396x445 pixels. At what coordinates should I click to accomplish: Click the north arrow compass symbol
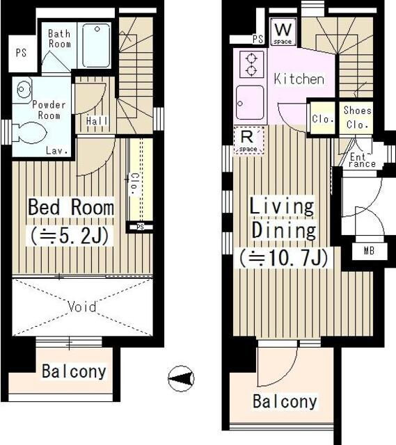181,378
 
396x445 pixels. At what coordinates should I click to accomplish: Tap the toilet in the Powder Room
29,133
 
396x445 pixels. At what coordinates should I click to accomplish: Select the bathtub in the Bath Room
96,45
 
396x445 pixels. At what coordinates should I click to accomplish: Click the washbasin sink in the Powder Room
22,90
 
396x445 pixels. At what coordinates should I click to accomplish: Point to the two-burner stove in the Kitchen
251,64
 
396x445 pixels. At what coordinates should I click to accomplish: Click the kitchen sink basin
249,102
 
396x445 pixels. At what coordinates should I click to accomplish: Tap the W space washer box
283,31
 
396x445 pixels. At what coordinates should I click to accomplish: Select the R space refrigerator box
248,140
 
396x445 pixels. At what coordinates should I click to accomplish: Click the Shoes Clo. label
357,118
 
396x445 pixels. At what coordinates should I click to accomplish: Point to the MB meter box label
369,250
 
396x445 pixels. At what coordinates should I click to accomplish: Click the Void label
82,307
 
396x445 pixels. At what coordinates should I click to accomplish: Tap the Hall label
97,121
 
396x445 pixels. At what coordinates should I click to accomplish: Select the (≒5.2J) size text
70,236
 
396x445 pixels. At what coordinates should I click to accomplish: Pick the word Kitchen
299,79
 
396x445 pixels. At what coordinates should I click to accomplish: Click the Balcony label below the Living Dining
285,401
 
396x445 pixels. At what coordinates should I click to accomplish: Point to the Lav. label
58,150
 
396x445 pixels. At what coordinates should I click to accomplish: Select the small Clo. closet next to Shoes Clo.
323,118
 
